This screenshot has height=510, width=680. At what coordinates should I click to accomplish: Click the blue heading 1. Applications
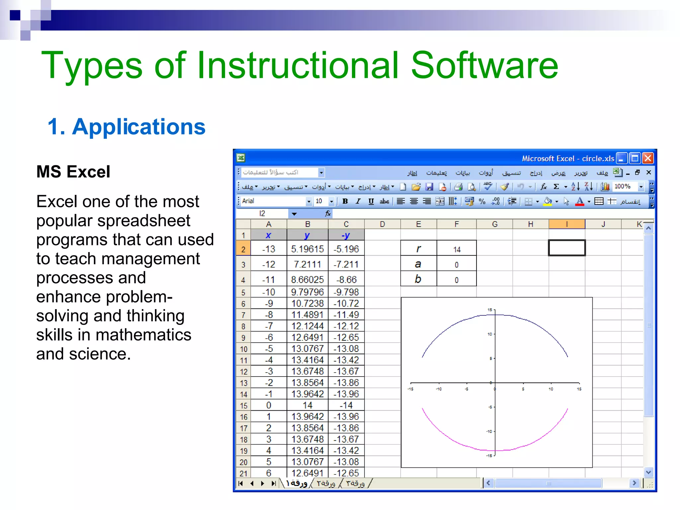click(x=126, y=127)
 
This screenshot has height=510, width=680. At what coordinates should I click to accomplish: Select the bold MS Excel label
click(x=73, y=172)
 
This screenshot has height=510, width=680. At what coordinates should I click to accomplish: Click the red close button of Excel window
click(x=648, y=158)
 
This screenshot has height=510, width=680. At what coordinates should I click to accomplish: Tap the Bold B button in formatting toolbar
click(x=345, y=201)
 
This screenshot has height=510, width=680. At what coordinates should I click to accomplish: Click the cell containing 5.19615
click(x=307, y=249)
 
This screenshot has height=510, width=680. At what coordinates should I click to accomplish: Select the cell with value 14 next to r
click(x=457, y=249)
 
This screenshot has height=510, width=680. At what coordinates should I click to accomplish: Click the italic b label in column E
click(x=418, y=279)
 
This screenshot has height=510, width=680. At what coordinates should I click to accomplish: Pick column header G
click(x=494, y=224)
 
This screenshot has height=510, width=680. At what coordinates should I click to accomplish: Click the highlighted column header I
click(x=566, y=224)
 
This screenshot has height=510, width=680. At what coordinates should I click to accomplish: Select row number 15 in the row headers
click(x=243, y=405)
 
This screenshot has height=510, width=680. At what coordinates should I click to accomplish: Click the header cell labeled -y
click(x=346, y=235)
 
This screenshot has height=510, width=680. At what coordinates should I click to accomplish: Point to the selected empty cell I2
click(x=566, y=248)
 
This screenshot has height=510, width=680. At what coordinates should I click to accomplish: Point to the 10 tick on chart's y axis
click(x=490, y=334)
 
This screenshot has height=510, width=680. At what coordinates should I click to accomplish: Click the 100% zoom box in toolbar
click(x=624, y=187)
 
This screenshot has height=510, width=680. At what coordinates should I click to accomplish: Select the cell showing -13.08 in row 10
click(x=346, y=349)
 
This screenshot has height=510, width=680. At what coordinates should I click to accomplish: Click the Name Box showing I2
click(x=262, y=213)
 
